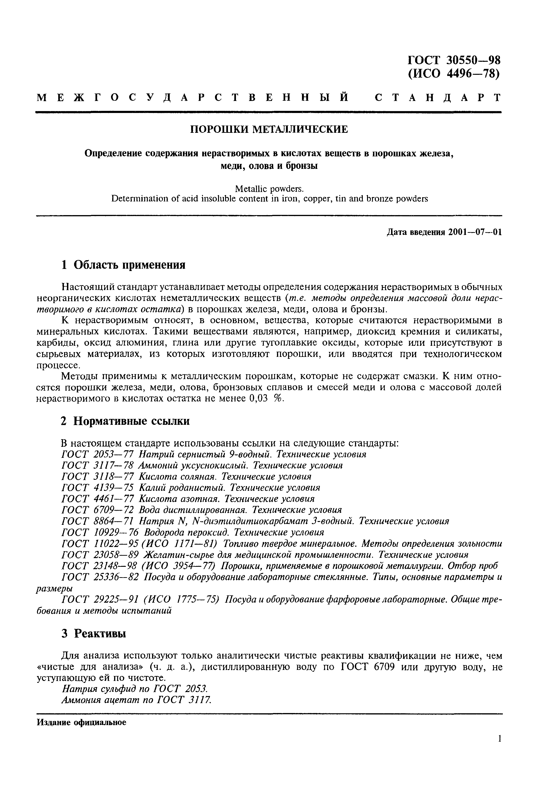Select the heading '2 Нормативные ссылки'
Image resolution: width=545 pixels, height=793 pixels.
click(125, 421)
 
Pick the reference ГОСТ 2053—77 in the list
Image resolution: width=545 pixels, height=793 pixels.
click(98, 455)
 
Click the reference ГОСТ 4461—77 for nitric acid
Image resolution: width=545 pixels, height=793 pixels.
click(98, 499)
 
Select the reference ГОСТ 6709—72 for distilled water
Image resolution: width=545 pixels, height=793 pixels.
click(98, 510)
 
